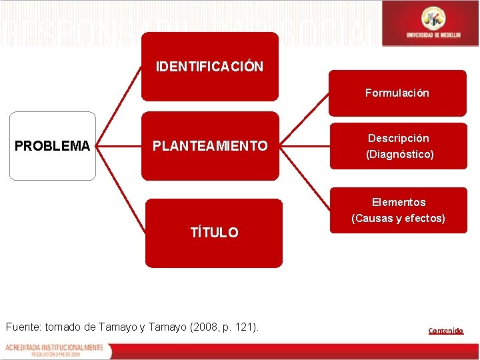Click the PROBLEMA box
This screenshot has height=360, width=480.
[52, 146]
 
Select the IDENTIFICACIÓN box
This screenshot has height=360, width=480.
[209, 67]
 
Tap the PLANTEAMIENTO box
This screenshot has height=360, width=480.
[210, 146]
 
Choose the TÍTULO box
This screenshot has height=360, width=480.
[214, 233]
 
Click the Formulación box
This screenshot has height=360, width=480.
[397, 93]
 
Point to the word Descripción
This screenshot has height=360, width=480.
[399, 138]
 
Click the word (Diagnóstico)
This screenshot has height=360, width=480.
[399, 155]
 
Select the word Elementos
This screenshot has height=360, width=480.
[399, 202]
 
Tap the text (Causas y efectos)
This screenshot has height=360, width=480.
[399, 219]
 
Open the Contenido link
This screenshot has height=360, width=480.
[446, 331]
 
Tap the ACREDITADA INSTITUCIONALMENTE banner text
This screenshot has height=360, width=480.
[54, 347]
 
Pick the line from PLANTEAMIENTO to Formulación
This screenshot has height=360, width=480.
[303, 121]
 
